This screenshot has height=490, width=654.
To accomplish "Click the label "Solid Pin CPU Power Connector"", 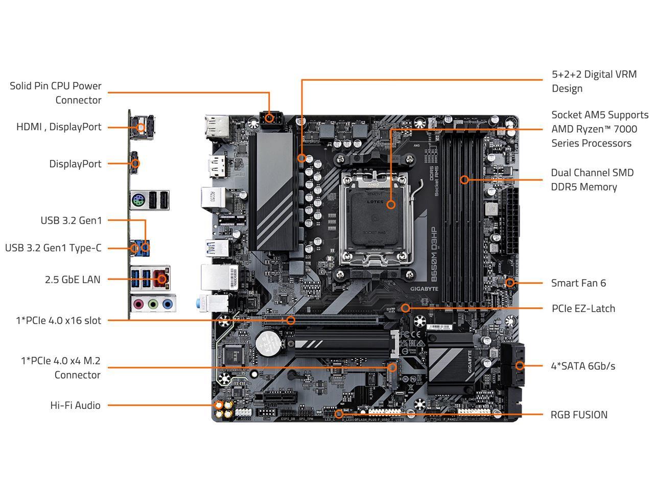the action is click(56, 93).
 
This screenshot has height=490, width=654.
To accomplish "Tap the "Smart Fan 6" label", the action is click(578, 283).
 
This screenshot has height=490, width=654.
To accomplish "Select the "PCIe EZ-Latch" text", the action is click(583, 308).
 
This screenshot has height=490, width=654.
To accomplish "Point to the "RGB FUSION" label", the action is click(578, 414).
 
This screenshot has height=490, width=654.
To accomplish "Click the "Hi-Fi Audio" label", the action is click(75, 405).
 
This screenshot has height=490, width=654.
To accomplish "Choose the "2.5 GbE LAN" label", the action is click(73, 279).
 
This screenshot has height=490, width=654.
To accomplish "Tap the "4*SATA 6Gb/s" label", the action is click(582, 366).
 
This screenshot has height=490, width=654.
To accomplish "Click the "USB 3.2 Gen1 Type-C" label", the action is click(53, 248).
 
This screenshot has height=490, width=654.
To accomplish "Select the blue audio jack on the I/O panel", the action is click(167, 304).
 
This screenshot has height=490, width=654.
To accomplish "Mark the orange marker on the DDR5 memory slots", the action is click(464, 180).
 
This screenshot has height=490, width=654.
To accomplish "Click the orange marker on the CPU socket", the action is click(391, 204).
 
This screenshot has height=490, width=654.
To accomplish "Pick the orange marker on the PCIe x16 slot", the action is click(290, 320).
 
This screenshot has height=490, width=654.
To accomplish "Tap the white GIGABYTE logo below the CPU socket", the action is click(425, 288).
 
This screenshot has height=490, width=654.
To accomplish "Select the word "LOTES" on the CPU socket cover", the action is click(375, 202).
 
